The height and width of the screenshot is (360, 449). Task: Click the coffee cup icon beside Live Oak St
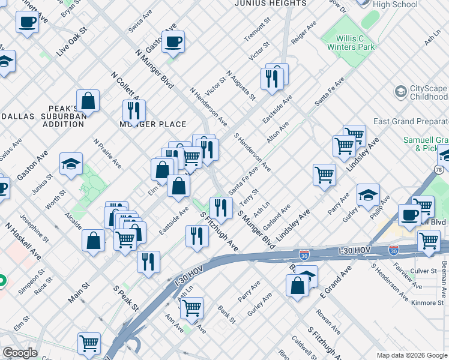pos(27,23)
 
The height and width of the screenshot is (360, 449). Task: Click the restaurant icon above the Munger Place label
pos(133,110)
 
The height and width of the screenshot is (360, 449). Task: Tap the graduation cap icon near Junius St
pos(71,164)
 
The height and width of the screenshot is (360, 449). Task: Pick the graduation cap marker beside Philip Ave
pos(368,195)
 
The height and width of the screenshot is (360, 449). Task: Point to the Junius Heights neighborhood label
pos(270,4)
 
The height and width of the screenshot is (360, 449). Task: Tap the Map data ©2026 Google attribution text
pos(411,355)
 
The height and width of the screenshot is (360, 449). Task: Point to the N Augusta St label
pos(241,85)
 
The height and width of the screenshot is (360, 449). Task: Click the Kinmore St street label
pos(426,286)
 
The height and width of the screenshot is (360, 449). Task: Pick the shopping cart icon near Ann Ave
pos(191,308)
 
